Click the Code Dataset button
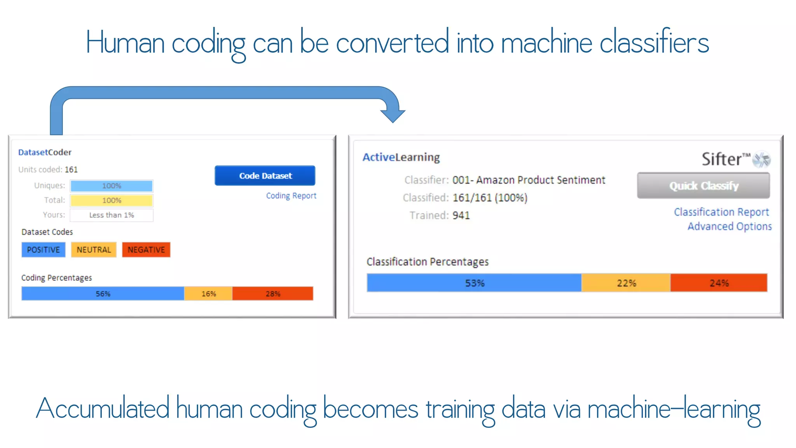pyautogui.click(x=265, y=176)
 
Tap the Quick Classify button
pyautogui.click(x=703, y=186)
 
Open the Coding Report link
pyautogui.click(x=291, y=196)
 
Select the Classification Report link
pyautogui.click(x=721, y=212)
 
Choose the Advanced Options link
pyautogui.click(x=729, y=226)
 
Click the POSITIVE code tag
pyautogui.click(x=44, y=250)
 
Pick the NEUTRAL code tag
pyautogui.click(x=94, y=250)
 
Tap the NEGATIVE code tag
pyautogui.click(x=146, y=250)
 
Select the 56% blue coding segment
pyautogui.click(x=103, y=294)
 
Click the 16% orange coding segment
pyautogui.click(x=208, y=294)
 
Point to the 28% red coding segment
pyautogui.click(x=272, y=294)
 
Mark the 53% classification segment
pyautogui.click(x=474, y=283)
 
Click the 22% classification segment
pyautogui.click(x=626, y=283)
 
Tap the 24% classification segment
pyautogui.click(x=719, y=283)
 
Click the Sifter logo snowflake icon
pyautogui.click(x=761, y=159)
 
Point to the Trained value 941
pyautogui.click(x=461, y=215)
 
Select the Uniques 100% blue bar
pyautogui.click(x=112, y=186)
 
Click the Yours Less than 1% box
pyautogui.click(x=112, y=215)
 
